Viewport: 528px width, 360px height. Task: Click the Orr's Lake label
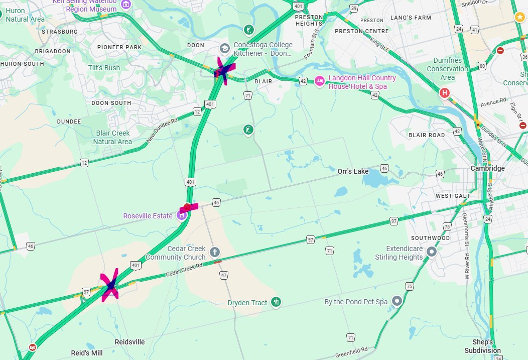(353, 172)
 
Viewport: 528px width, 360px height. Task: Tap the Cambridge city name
(487, 168)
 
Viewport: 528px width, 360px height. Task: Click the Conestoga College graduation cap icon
(225, 49)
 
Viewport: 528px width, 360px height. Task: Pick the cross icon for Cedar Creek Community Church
(214, 252)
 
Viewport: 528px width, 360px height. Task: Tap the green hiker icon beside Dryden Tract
(276, 302)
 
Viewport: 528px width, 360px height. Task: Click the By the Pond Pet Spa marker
(398, 301)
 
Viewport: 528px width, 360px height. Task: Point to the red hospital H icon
(444, 93)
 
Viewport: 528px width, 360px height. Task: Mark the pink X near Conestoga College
(222, 71)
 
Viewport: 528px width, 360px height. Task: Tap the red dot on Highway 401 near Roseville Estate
(187, 206)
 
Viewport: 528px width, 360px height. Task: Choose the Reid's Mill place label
(86, 353)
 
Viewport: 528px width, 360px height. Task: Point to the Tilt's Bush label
(104, 68)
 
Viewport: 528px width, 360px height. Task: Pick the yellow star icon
(519, 17)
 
